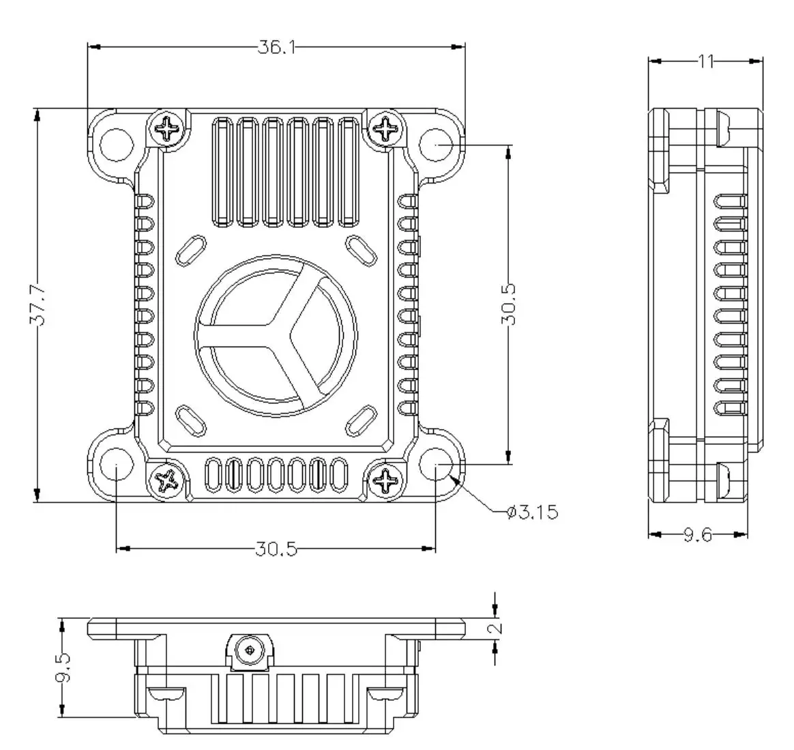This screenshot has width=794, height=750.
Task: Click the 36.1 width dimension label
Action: pos(276,47)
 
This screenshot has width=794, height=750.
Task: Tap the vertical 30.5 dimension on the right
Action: pos(509,304)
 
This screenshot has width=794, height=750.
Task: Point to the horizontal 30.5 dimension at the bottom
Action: pos(276,549)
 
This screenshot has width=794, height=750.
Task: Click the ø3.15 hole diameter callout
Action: pos(533,512)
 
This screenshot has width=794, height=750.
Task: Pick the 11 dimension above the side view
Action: pos(705,61)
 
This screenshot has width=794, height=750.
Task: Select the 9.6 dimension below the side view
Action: pos(697,536)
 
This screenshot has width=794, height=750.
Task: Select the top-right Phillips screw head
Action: pos(386,127)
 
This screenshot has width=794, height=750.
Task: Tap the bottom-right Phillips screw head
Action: pos(386,480)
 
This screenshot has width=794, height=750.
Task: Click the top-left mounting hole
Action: pos(117,144)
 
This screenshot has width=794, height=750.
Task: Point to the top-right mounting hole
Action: pos(435,144)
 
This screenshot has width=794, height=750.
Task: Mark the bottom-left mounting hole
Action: pos(117,465)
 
